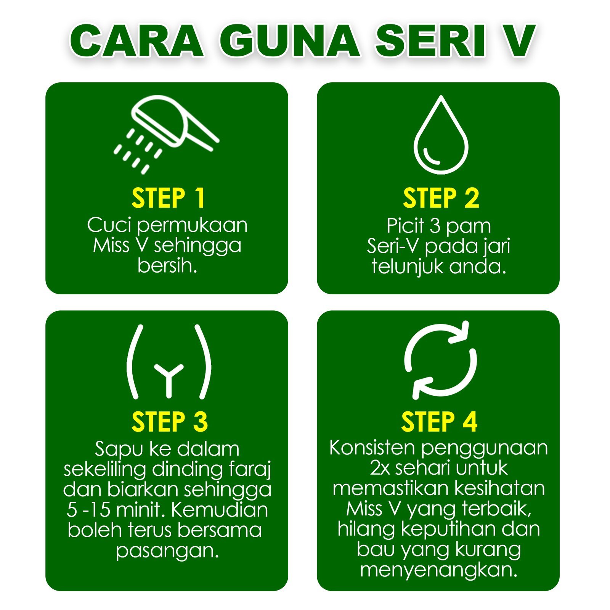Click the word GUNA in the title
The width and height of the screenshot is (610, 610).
(290, 41)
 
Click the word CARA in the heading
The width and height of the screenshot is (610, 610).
(136, 41)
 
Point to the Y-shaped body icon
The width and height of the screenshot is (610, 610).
(169, 361)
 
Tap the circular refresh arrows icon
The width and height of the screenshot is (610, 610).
(440, 360)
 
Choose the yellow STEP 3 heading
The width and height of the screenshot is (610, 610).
(170, 422)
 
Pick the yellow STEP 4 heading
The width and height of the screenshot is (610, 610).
(439, 422)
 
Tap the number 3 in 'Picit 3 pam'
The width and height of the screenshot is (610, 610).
(435, 226)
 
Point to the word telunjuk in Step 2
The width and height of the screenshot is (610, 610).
(408, 266)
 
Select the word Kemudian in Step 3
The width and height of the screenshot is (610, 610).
(220, 509)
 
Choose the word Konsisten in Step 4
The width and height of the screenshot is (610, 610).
(372, 448)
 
